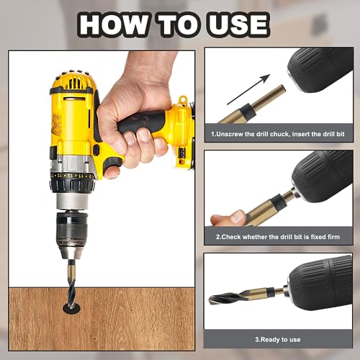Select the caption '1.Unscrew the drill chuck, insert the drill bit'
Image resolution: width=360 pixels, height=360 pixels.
coord(278,134)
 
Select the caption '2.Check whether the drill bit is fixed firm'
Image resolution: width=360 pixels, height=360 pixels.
coord(278,236)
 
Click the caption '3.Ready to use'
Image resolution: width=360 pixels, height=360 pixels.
coord(278,338)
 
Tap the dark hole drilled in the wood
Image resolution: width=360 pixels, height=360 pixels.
coord(71,307)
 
